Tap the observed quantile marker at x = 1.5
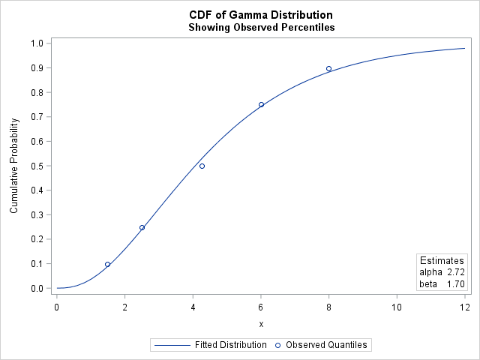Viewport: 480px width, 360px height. tap(107, 264)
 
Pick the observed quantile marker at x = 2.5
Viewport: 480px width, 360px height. tap(142, 227)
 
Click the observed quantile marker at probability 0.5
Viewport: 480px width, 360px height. tap(202, 166)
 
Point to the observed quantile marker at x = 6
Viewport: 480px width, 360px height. tap(261, 105)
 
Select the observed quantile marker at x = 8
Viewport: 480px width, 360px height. tap(328, 68)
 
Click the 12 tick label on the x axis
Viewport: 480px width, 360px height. tap(464, 306)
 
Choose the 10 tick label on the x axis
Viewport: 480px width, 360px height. tap(397, 306)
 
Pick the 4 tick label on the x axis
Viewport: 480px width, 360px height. tap(193, 306)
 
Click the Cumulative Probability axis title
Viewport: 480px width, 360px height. tap(14, 166)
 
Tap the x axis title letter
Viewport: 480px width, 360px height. tap(261, 324)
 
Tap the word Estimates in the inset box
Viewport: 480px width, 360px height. tap(442, 260)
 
